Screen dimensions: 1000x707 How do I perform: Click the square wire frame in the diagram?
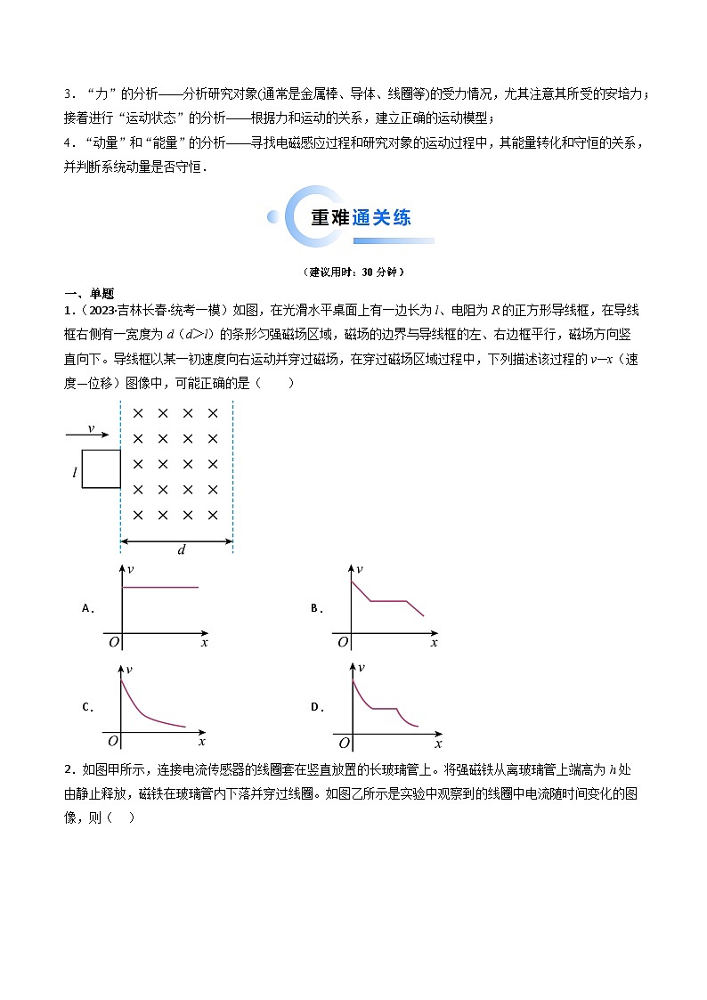(102, 469)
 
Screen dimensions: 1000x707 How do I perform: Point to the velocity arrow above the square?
(87, 435)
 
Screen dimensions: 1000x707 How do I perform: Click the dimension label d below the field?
(181, 550)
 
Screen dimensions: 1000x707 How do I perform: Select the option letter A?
(87, 609)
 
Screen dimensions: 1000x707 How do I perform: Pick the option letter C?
(87, 708)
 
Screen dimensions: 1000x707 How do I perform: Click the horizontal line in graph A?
(159, 588)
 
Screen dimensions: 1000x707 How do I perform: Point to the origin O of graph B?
(340, 642)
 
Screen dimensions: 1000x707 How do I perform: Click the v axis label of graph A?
(131, 569)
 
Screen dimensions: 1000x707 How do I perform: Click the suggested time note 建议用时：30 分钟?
(353, 272)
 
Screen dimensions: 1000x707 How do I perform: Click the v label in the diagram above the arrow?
(91, 428)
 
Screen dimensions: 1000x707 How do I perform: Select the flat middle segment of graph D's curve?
(383, 709)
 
